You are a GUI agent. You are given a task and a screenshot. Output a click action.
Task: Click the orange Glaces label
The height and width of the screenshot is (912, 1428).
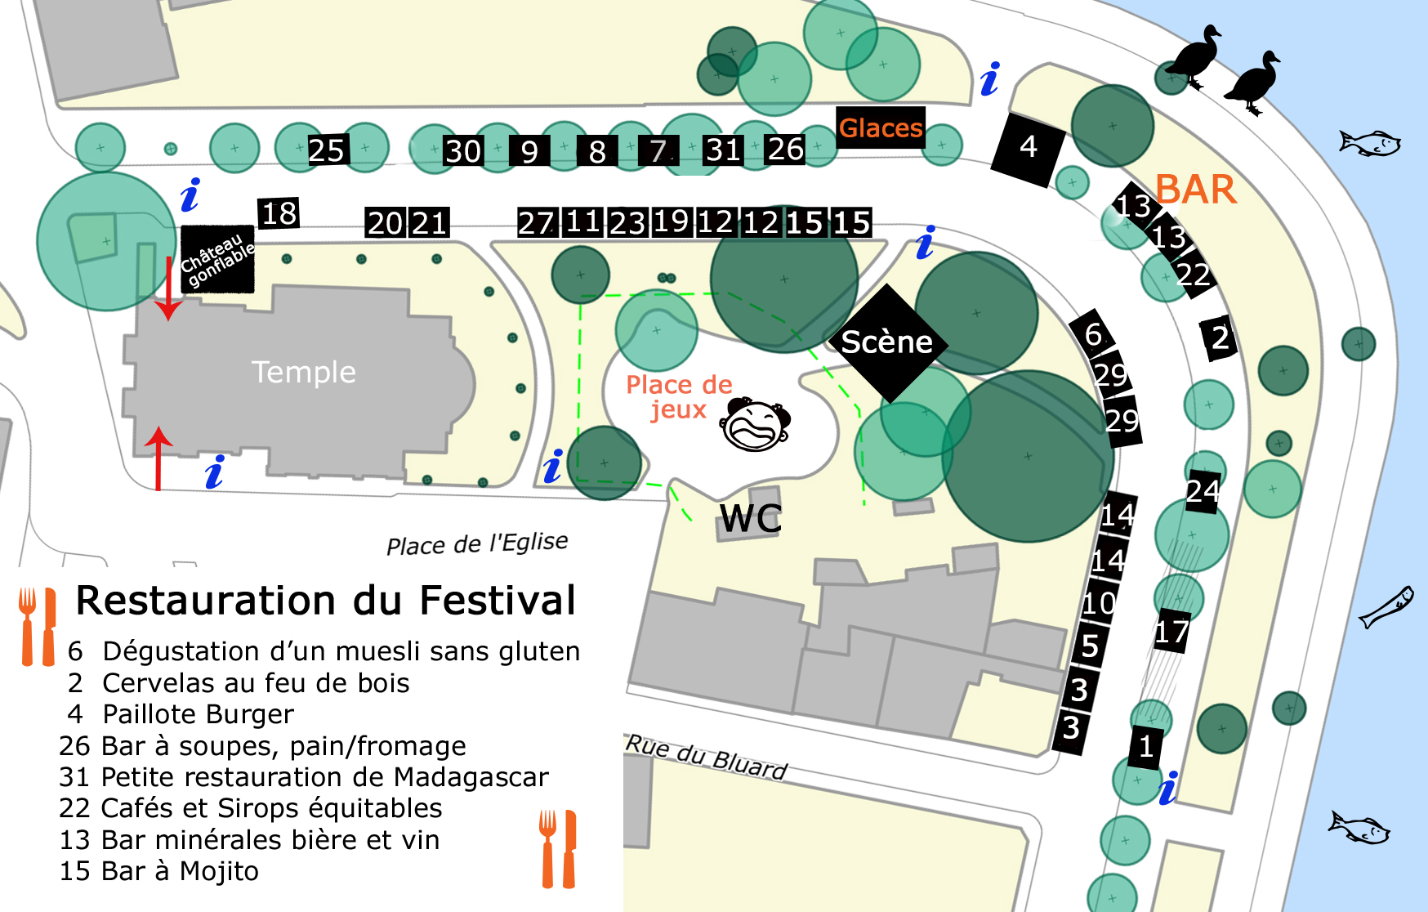[881, 127]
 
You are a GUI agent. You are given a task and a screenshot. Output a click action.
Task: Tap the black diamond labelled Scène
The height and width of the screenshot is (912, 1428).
[887, 342]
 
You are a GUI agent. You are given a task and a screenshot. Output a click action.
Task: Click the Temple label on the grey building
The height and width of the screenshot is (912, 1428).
[303, 373]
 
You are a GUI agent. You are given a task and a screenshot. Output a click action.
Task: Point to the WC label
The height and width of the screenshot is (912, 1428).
[750, 518]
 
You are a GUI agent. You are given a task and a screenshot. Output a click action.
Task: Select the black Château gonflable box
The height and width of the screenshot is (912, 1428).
[217, 258]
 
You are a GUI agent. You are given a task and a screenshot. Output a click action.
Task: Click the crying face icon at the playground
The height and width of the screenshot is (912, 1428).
[756, 425]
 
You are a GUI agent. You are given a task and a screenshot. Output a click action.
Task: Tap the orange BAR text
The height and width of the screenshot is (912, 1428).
[1195, 190]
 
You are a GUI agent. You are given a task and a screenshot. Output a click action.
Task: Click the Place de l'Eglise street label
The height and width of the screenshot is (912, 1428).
[477, 543]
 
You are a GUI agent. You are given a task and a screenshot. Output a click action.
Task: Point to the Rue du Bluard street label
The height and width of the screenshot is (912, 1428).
[706, 757]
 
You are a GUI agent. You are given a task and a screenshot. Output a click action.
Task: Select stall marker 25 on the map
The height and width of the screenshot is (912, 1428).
[327, 150]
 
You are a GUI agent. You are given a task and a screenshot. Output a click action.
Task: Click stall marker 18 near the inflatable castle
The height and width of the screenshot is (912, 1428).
[279, 213]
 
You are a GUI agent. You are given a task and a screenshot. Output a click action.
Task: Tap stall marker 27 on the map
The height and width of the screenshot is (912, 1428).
[537, 222]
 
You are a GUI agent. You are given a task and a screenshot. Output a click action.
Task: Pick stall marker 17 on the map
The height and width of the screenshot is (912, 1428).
[1171, 632]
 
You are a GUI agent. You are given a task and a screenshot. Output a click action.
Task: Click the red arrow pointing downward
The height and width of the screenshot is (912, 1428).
[168, 288]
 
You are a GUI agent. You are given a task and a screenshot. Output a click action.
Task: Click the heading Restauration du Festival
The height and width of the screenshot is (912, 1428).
[325, 600]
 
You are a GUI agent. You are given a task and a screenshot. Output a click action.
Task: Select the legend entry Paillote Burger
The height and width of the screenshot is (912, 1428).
[198, 714]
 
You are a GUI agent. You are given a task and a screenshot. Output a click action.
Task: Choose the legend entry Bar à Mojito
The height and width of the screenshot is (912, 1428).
[159, 871]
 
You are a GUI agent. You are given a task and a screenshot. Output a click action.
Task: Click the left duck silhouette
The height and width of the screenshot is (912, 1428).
[1194, 56]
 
